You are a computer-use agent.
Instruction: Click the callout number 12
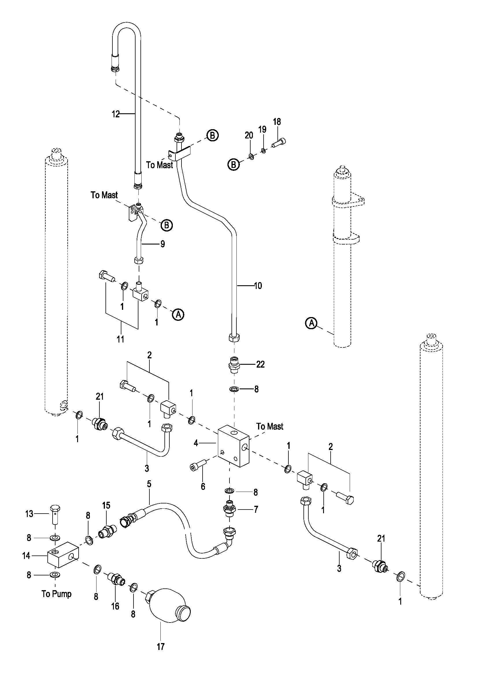[116, 114]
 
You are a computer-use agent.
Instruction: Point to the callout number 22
[260, 364]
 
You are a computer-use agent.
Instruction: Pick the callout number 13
[29, 514]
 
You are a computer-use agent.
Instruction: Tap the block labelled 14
[63, 555]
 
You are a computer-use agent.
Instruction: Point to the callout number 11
[120, 339]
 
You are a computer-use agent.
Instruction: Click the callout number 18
[277, 122]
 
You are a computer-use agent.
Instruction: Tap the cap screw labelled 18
[279, 143]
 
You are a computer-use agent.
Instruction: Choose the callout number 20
[249, 136]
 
